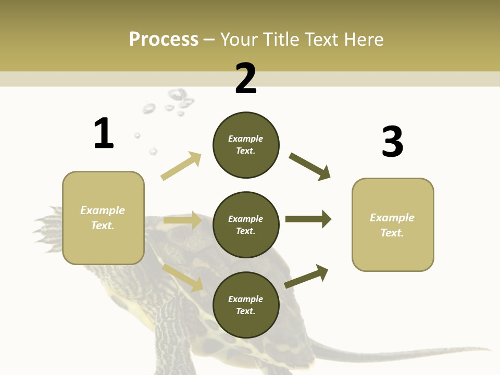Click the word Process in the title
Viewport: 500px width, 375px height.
(164, 39)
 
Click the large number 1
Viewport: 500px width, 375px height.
(104, 133)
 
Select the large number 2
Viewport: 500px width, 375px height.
(246, 79)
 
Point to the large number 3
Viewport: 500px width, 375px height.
(392, 142)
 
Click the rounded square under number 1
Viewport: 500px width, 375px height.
(103, 218)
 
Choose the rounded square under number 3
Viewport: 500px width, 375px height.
(393, 225)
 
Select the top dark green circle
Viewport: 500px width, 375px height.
(246, 145)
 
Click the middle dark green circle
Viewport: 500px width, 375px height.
(246, 225)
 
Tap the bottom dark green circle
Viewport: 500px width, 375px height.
(246, 305)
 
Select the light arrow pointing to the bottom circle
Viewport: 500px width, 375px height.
(183, 278)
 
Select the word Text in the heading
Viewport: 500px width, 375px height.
(322, 39)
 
